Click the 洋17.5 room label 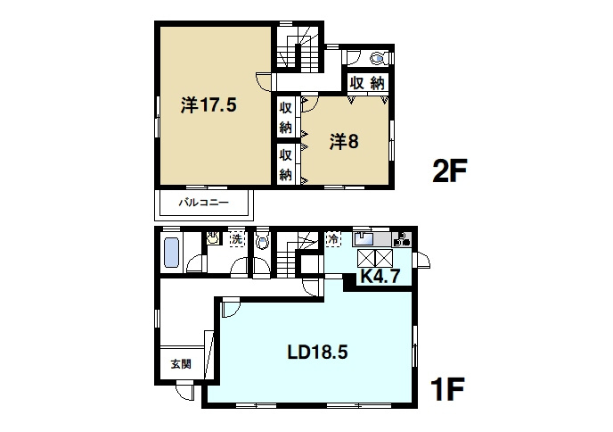point(208,105)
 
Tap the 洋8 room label point(344,141)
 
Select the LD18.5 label point(317,353)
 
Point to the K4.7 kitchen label point(380,276)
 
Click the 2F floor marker point(450,170)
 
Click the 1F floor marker point(447,388)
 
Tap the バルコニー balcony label point(204,203)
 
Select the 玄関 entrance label point(181,364)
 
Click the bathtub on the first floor point(171,253)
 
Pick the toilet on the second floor point(379,58)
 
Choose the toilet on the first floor point(262,240)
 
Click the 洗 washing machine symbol point(236,239)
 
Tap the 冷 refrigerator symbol point(333,238)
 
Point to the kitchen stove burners point(402,239)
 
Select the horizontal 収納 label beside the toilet point(367,83)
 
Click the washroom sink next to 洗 point(212,238)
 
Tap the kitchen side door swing point(421,260)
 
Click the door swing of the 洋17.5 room point(264,82)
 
